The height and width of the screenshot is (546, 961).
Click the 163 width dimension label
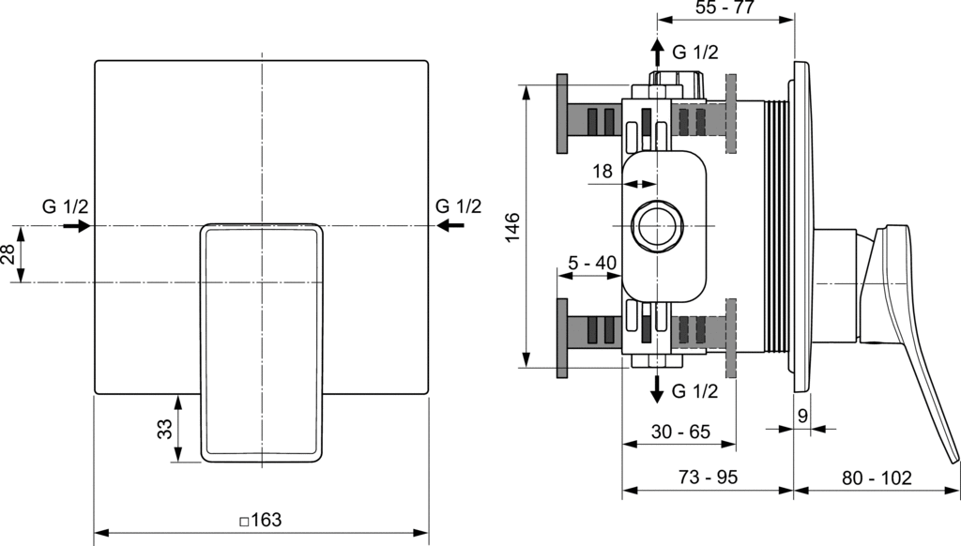[x=261, y=520]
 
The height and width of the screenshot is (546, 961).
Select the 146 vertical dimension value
[x=512, y=228]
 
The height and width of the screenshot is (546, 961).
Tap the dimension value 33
[x=164, y=429]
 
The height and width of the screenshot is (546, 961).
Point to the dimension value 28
[x=8, y=254]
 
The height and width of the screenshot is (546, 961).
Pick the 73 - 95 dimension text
[x=709, y=477]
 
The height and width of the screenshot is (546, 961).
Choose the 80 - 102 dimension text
[x=877, y=477]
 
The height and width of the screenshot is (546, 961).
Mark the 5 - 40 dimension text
[x=593, y=263]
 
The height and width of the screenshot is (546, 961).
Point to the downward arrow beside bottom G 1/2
[x=658, y=388]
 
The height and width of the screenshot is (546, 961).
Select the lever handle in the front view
[x=261, y=338]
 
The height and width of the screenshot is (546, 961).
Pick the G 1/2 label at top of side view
[x=695, y=53]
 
